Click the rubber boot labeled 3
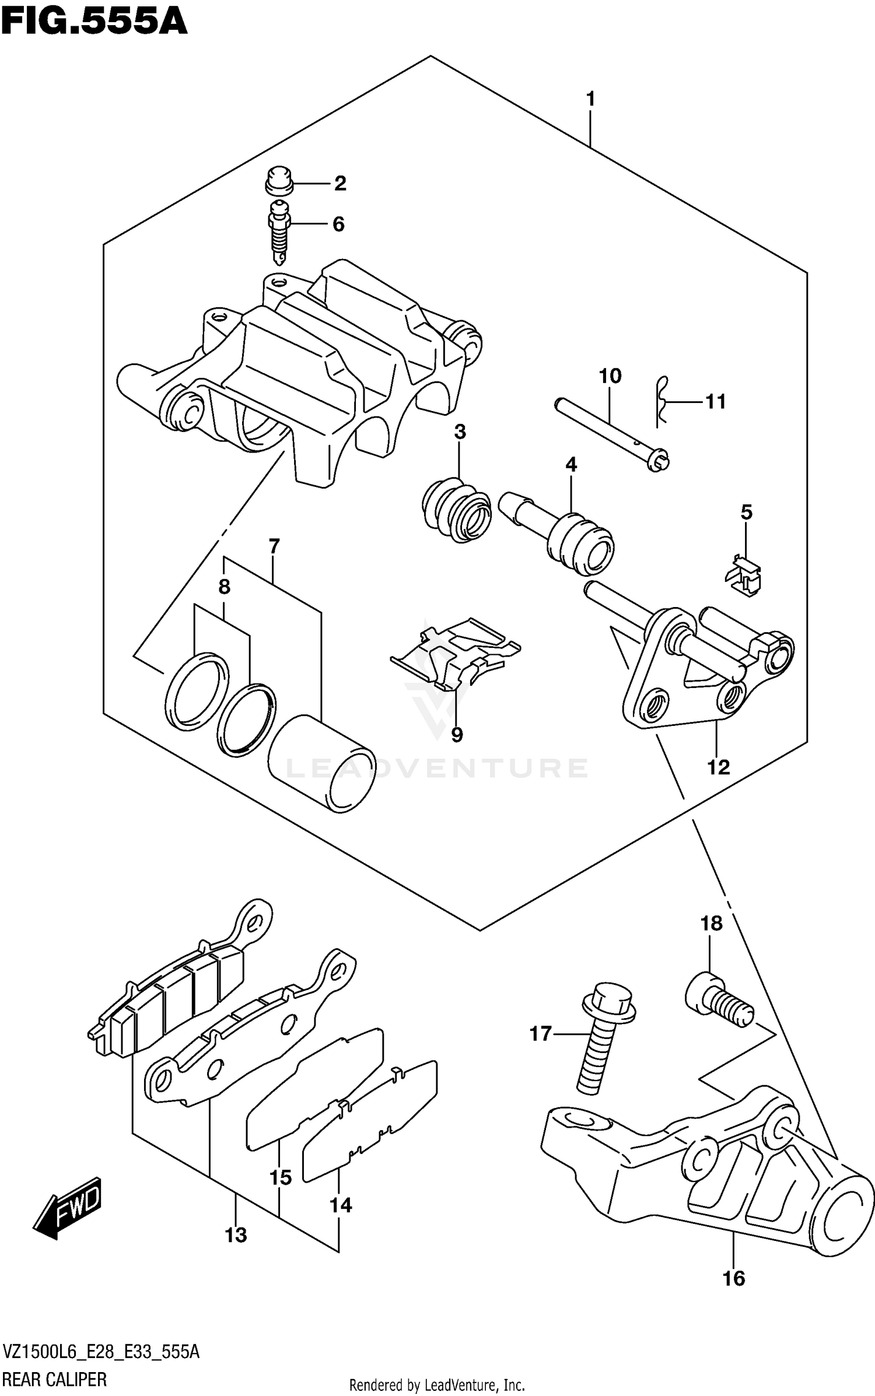[457, 512]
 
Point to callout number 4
[571, 465]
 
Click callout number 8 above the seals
[225, 587]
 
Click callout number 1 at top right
[590, 100]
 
